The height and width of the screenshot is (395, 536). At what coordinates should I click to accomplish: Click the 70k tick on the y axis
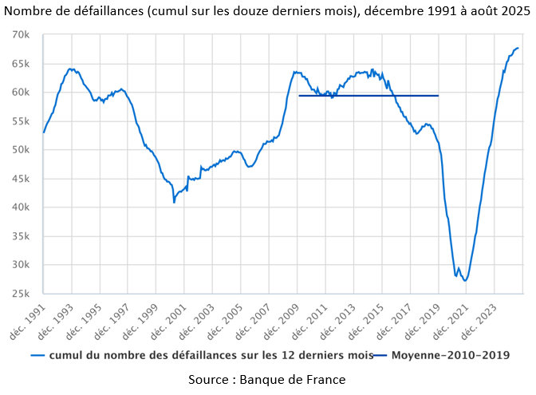point(20,35)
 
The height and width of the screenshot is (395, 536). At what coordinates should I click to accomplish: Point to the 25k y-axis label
point(20,294)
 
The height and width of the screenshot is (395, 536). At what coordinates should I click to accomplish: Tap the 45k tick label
point(20,179)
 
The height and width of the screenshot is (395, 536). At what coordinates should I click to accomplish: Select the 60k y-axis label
point(20,93)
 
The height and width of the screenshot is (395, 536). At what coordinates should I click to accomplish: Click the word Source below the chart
point(210,379)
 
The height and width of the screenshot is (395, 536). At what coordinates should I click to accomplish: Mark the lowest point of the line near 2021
point(465,281)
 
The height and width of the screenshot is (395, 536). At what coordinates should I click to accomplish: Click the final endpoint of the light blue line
point(518,49)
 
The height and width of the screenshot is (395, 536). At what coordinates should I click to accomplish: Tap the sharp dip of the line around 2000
point(174,202)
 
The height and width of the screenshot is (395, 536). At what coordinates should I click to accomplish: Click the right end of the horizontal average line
point(438,96)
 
